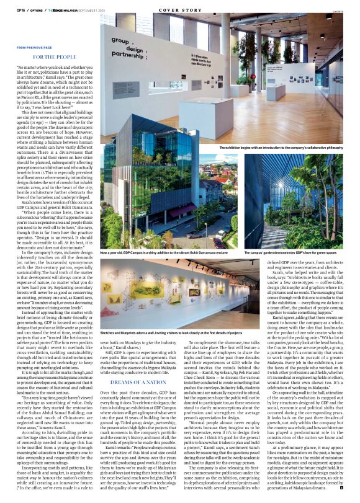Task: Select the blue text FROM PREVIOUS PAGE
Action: [35, 47]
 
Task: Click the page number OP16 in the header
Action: [20, 11]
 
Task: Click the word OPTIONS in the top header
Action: [37, 11]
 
